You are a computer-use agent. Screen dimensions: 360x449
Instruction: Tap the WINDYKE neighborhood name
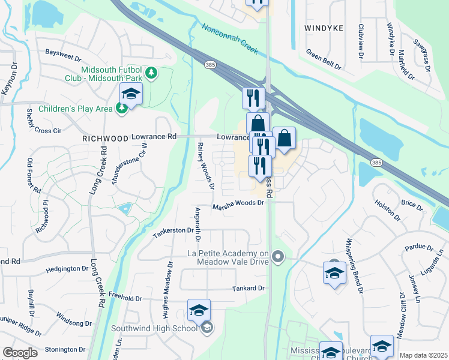[325, 28]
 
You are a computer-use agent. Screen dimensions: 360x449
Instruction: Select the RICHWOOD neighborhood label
[106, 139]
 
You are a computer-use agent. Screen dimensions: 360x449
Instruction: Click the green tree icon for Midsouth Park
[152, 73]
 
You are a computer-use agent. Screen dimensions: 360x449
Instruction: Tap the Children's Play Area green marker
[122, 108]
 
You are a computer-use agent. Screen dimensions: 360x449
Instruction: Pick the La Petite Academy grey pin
[277, 257]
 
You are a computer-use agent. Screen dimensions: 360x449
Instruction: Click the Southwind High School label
[154, 328]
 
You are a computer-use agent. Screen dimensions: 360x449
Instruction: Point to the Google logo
[20, 353]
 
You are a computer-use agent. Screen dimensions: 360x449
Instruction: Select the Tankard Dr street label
[249, 289]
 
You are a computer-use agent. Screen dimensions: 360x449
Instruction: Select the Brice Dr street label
[412, 204]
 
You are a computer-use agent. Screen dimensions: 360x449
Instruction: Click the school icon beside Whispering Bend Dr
[334, 273]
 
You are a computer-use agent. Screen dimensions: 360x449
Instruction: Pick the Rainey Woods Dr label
[206, 166]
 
